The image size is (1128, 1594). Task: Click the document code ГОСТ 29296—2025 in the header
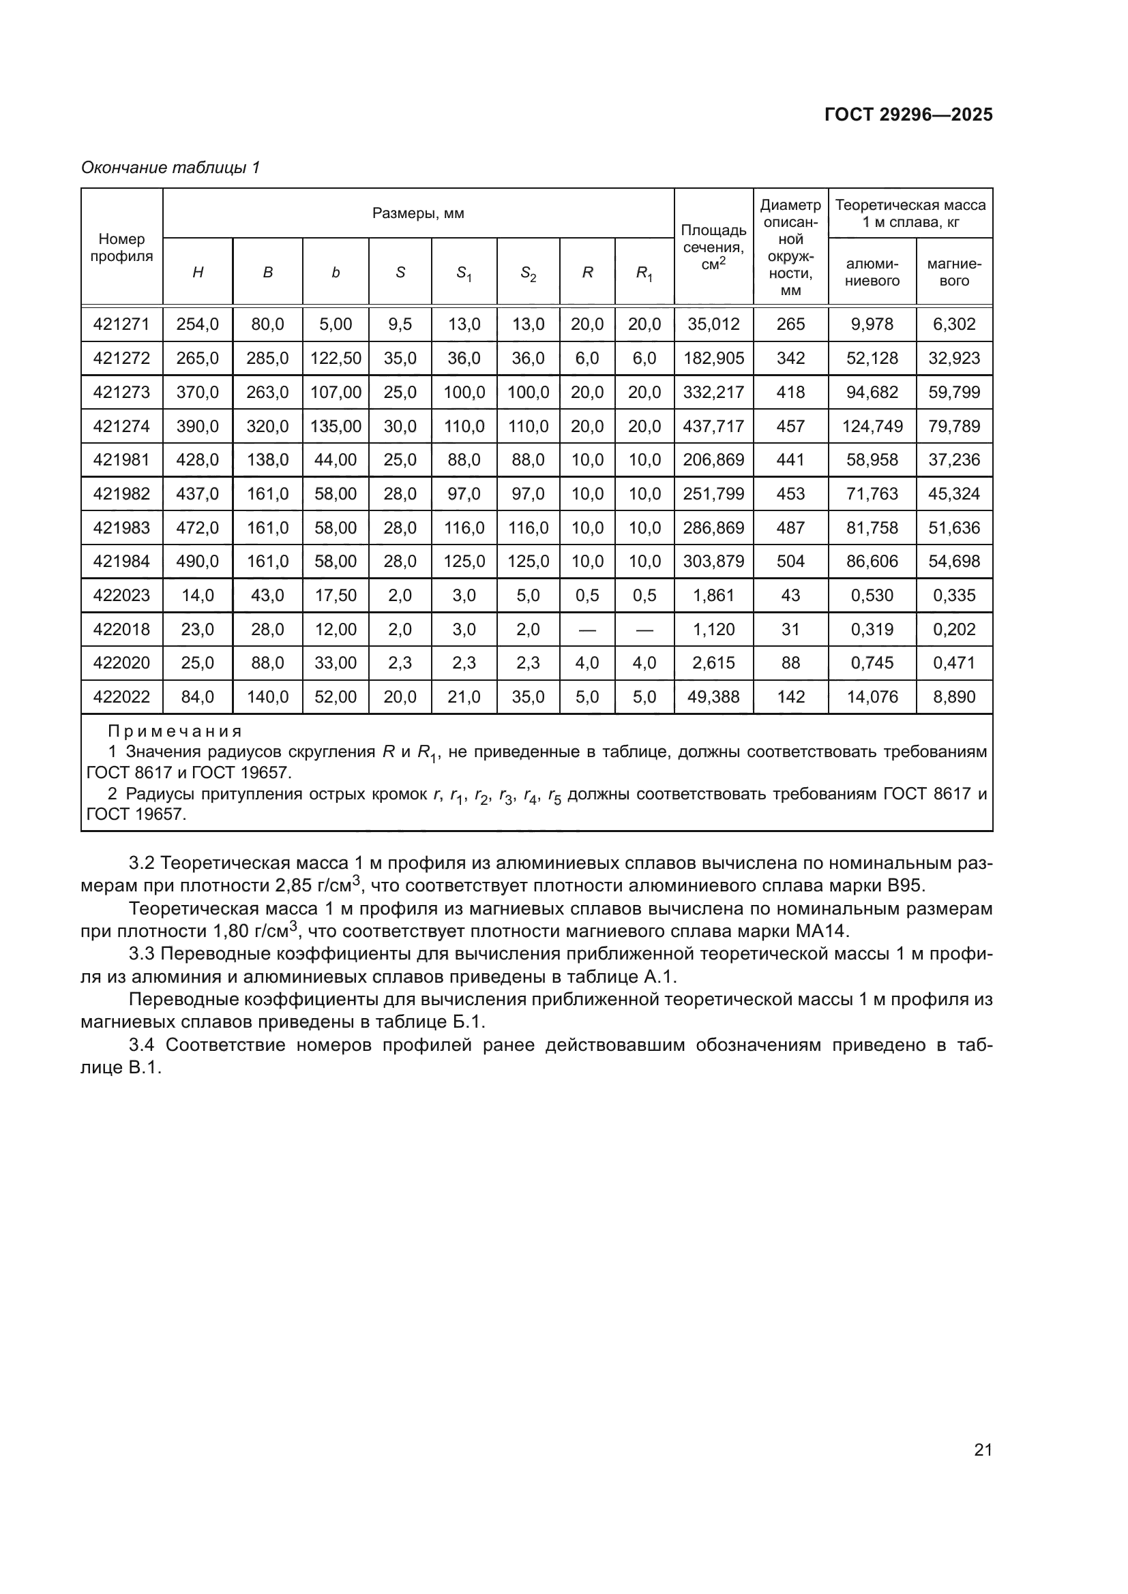tap(908, 114)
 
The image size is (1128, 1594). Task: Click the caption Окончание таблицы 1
tap(170, 168)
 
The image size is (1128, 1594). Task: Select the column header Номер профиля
tap(121, 247)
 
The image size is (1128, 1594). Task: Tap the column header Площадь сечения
tap(713, 247)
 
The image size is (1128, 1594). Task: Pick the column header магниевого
tap(953, 272)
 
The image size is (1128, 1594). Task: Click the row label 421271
tap(121, 324)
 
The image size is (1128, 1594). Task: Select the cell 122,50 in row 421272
tap(336, 358)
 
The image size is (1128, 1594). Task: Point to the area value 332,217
tap(713, 393)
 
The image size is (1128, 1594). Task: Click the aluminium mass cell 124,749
tap(872, 426)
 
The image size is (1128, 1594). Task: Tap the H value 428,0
tap(197, 459)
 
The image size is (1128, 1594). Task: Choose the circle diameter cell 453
tap(790, 493)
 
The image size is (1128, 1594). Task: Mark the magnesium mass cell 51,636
tap(953, 527)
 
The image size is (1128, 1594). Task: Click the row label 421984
tap(121, 561)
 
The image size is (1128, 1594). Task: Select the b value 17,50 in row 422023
tap(336, 595)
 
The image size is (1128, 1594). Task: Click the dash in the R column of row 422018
tap(587, 630)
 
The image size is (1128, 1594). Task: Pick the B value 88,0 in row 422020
tap(267, 663)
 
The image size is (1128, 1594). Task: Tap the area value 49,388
tap(713, 696)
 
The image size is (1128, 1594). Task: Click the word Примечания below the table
tap(175, 731)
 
